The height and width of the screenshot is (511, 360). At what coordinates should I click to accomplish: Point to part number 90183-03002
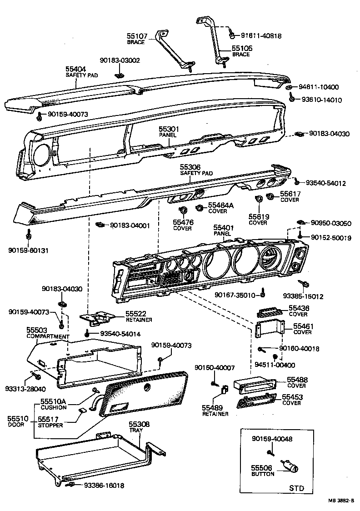[x=120, y=60]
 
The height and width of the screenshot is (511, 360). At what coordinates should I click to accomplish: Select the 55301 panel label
[x=169, y=132]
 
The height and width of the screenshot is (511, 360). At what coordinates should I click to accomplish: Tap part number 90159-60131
[x=28, y=250]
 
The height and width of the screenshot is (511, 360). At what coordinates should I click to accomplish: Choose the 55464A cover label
[x=220, y=208]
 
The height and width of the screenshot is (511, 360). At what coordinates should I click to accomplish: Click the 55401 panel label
[x=223, y=230]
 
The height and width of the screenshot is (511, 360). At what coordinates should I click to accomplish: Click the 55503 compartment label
[x=47, y=333]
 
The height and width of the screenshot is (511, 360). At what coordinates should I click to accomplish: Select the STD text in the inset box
[x=296, y=488]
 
